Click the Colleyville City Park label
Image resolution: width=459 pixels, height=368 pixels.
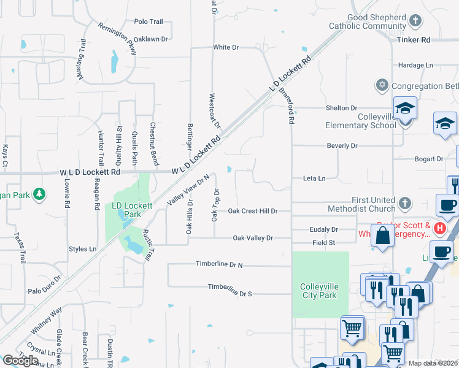(x=318, y=291)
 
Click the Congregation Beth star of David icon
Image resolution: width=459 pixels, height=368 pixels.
(x=383, y=85)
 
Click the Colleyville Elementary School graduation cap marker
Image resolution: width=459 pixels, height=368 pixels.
(x=405, y=109)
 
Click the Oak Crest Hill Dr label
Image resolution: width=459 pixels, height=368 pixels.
(x=253, y=211)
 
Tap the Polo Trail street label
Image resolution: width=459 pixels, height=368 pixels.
(x=148, y=21)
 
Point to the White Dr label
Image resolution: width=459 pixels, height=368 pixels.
(x=226, y=47)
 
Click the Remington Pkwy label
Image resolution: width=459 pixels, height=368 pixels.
(x=117, y=39)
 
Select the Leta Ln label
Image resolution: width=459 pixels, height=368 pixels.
(x=314, y=178)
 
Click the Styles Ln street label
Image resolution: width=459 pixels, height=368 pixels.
(x=83, y=249)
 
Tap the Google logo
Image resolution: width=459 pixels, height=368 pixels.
(x=20, y=361)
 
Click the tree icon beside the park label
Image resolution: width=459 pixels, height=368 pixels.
(x=40, y=194)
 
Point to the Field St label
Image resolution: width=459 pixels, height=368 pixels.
(x=323, y=243)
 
